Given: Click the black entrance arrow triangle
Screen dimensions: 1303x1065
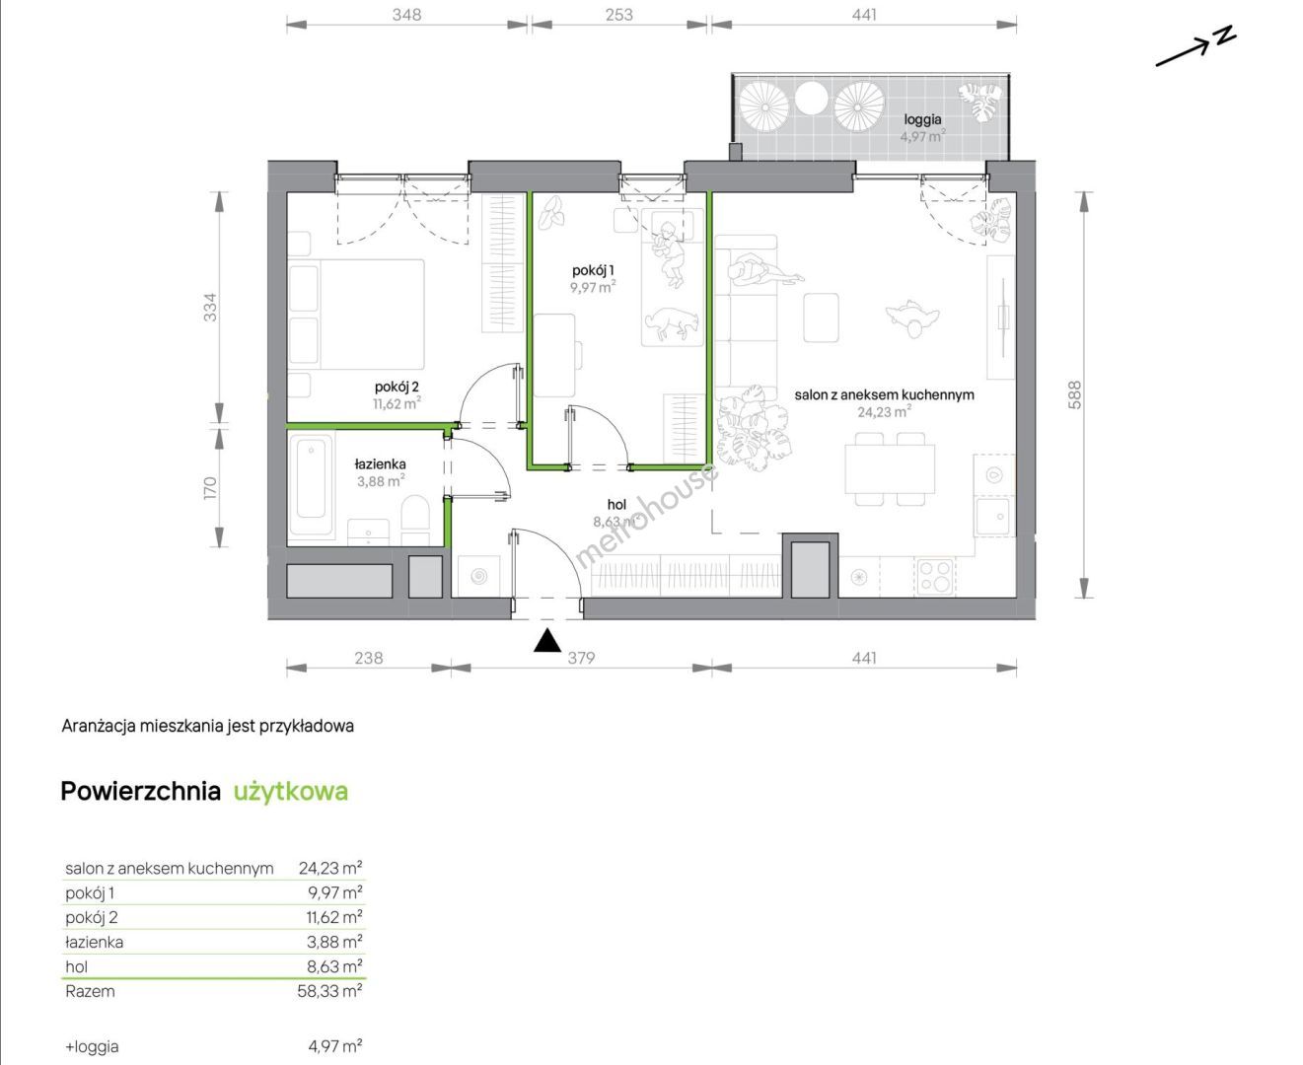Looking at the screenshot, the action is pyautogui.click(x=546, y=641).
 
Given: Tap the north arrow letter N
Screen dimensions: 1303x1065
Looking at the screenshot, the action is pyautogui.click(x=1225, y=35).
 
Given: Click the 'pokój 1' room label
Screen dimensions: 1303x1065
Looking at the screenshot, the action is pyautogui.click(x=593, y=270).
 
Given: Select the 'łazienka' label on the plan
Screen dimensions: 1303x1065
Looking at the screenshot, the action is pyautogui.click(x=380, y=463).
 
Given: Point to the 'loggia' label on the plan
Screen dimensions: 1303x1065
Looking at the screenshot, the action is pyautogui.click(x=922, y=119).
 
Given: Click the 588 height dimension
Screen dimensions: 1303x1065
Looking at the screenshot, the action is pyautogui.click(x=1074, y=394).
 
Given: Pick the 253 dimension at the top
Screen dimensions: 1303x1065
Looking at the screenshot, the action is pyautogui.click(x=619, y=15).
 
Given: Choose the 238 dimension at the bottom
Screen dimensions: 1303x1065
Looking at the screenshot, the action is pyautogui.click(x=368, y=658).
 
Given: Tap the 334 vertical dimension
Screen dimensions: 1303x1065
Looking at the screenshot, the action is pyautogui.click(x=211, y=307).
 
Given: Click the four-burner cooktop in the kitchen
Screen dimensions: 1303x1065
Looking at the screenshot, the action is pyautogui.click(x=934, y=576).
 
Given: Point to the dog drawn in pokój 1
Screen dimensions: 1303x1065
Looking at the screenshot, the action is pyautogui.click(x=672, y=323).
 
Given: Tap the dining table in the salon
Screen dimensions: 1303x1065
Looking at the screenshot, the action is pyautogui.click(x=890, y=469).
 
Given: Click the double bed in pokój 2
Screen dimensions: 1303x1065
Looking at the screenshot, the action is pyautogui.click(x=357, y=315).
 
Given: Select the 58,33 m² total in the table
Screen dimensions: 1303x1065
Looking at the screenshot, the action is pyautogui.click(x=329, y=991).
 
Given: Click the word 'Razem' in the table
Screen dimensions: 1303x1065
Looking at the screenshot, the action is pyautogui.click(x=90, y=991).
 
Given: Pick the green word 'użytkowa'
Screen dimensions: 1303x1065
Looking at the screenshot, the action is pyautogui.click(x=290, y=792).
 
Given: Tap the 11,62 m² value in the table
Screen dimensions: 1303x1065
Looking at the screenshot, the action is pyautogui.click(x=334, y=917).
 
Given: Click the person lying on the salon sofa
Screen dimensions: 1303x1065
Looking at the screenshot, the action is pyautogui.click(x=764, y=272).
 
